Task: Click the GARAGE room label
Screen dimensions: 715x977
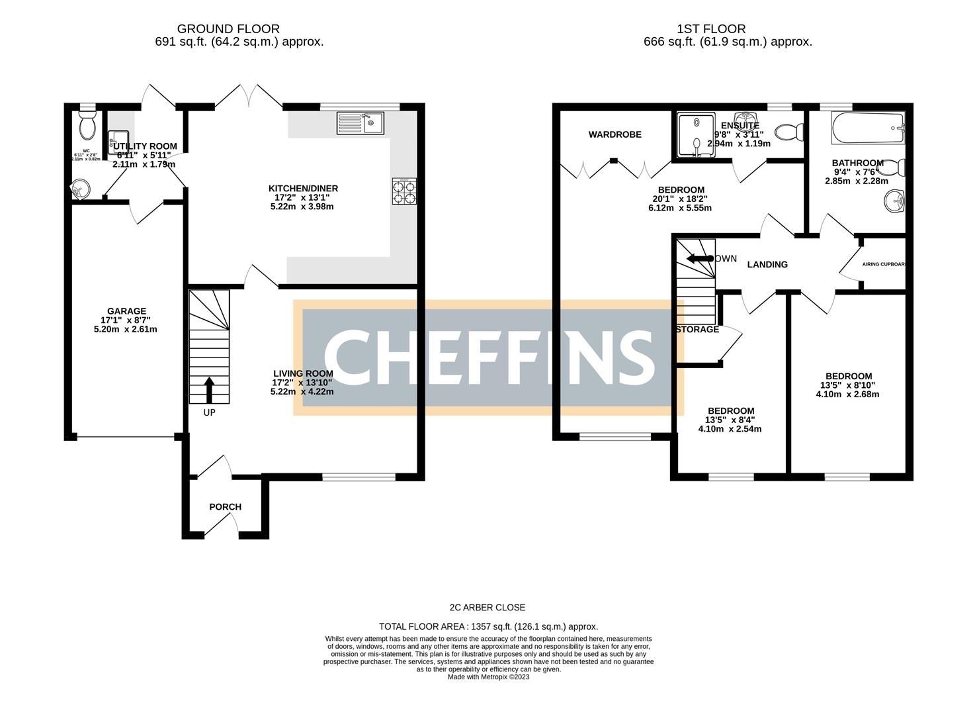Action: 126,311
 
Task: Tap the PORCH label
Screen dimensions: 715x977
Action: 225,507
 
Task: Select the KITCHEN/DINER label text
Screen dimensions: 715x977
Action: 302,188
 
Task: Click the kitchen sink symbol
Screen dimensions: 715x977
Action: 360,123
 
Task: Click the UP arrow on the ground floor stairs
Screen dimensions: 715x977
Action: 209,390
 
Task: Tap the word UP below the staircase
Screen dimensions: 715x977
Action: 209,412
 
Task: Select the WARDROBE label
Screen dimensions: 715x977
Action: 615,134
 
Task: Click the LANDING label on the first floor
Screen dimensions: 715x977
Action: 767,264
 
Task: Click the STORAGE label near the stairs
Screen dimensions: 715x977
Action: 698,329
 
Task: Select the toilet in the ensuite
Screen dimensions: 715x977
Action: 788,132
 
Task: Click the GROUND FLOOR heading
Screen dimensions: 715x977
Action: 228,29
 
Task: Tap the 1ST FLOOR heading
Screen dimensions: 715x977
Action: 711,29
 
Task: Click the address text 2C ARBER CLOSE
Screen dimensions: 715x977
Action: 488,607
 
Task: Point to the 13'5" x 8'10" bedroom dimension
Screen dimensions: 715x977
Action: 847,385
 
